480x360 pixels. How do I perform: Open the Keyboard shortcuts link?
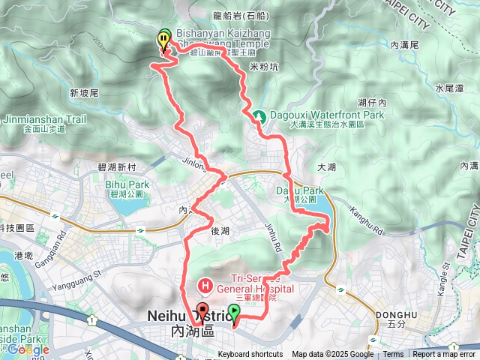pos(250,355)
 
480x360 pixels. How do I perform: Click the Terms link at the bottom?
pos(393,355)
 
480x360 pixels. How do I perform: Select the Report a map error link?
pos(445,355)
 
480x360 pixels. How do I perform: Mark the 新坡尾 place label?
pos(84,94)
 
